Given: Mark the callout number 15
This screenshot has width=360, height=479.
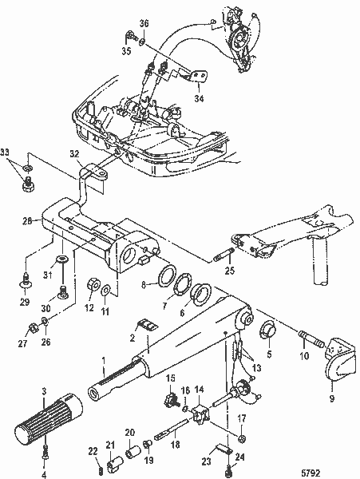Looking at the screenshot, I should (171, 377).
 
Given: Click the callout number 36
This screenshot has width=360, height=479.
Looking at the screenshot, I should (144, 24).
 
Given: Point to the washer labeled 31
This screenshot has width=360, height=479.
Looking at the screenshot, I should (63, 261).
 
